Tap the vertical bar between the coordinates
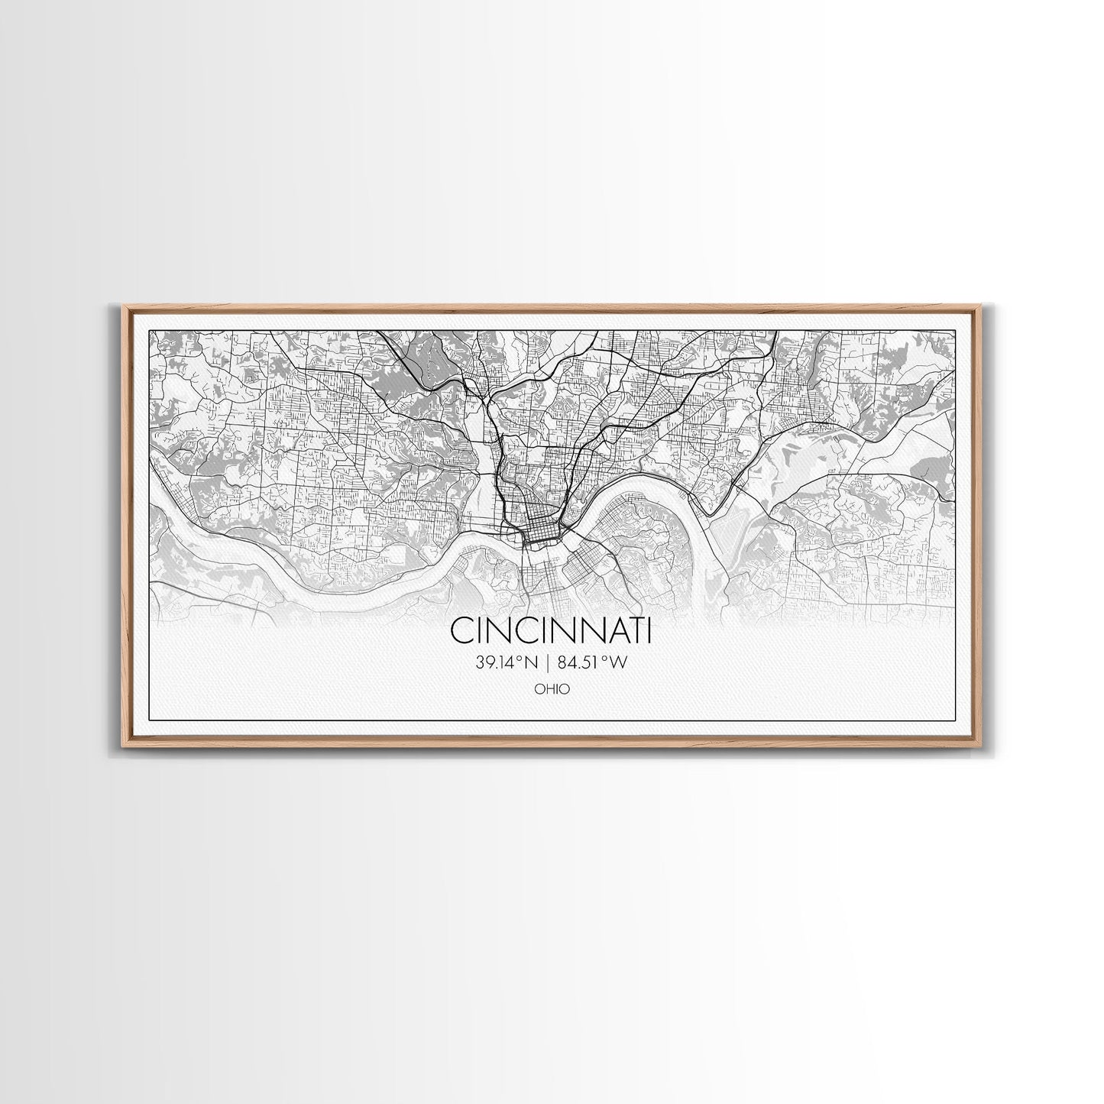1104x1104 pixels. click(549, 663)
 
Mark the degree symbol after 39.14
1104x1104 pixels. click(523, 659)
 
